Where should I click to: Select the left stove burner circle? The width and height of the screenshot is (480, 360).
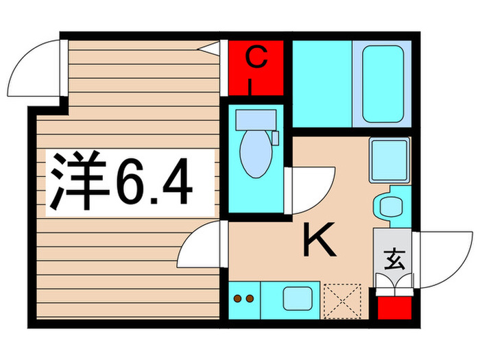(x=239, y=299)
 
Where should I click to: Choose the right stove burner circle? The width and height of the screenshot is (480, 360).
(x=250, y=299)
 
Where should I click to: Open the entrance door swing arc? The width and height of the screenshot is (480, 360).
(x=439, y=257)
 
